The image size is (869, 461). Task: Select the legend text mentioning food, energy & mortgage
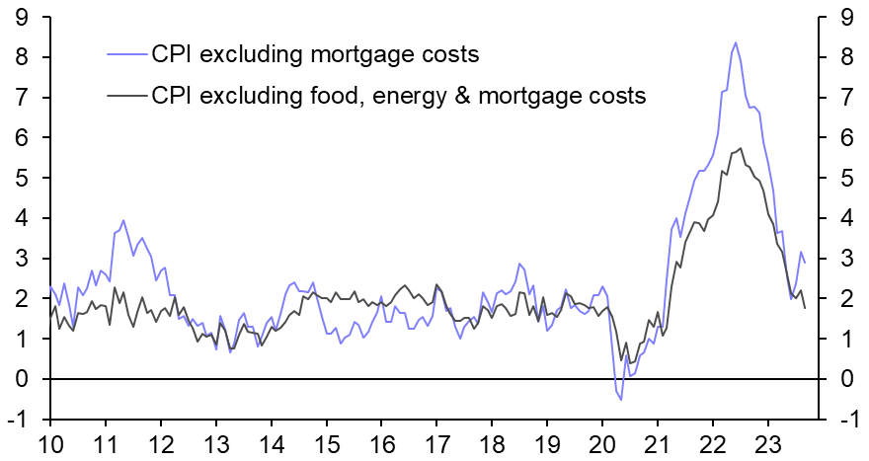(398, 96)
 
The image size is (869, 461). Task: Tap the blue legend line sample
(125, 53)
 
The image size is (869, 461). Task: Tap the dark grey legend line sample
(125, 96)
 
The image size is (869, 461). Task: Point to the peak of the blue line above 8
(735, 42)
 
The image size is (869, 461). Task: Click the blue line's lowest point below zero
(621, 399)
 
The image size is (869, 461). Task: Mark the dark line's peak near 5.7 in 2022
(740, 148)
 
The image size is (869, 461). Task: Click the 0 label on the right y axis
(846, 379)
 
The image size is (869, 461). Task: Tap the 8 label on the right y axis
(846, 57)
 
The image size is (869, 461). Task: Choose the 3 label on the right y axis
(846, 259)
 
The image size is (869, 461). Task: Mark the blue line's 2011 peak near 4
(122, 221)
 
